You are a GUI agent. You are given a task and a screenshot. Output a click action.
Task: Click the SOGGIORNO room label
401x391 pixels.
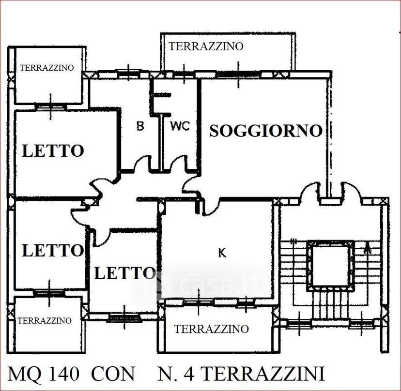tap(266, 131)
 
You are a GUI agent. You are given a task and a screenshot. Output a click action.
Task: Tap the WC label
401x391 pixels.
tap(180, 126)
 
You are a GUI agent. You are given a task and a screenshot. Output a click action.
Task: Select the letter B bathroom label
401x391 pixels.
tap(140, 126)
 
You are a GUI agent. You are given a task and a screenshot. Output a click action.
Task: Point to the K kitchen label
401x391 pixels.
tap(222, 253)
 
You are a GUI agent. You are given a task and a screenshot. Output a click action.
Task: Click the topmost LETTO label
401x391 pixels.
tap(53, 151)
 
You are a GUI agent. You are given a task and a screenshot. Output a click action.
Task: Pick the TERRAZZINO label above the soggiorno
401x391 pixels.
tap(206, 46)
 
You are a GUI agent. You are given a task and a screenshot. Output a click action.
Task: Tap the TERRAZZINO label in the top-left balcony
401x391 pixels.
tap(47, 68)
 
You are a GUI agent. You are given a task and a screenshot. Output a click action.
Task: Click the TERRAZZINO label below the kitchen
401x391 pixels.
tap(211, 329)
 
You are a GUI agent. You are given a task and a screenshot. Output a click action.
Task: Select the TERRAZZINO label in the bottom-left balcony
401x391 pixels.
tap(44, 320)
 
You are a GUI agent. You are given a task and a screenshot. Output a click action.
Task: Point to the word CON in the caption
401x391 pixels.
tap(113, 374)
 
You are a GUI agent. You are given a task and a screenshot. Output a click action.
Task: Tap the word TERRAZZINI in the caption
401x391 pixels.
tap(264, 374)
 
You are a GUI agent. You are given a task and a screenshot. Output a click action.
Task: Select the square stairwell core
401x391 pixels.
tap(331, 265)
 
